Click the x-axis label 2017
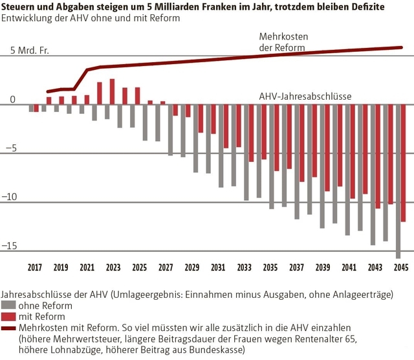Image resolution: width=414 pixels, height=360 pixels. click(35, 267)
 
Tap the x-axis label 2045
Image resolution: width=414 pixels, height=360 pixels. click(400, 267)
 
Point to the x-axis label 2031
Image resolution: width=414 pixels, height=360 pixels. click(218, 267)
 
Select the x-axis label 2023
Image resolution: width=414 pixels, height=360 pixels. click(113, 267)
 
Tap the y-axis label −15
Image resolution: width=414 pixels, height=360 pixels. click(12, 246)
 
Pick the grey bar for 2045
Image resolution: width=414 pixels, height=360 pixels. click(398, 181)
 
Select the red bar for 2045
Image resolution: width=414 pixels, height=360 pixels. click(404, 163)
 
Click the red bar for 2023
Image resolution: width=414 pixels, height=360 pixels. click(112, 91)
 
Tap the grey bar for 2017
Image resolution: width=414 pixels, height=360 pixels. click(30, 107)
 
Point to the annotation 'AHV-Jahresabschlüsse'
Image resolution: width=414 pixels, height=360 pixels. click(305, 96)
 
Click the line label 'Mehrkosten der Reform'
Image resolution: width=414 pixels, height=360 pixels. click(279, 43)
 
